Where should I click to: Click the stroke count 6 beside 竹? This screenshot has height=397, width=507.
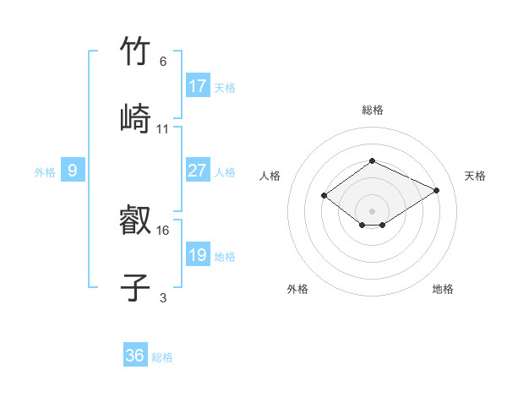pyautogui.click(x=163, y=62)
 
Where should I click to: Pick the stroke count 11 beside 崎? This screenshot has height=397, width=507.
pyautogui.click(x=163, y=129)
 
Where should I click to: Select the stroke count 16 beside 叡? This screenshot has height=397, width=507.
pyautogui.click(x=163, y=230)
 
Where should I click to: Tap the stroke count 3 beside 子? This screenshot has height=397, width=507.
pyautogui.click(x=163, y=297)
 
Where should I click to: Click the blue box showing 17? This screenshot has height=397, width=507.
pyautogui.click(x=197, y=86)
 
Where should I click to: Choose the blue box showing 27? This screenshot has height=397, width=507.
pyautogui.click(x=197, y=171)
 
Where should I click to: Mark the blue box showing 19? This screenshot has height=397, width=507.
pyautogui.click(x=197, y=255)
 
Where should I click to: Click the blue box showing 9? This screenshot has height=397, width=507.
pyautogui.click(x=73, y=171)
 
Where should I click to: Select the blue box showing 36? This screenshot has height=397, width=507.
pyautogui.click(x=135, y=356)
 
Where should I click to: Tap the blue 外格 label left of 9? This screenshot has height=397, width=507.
pyautogui.click(x=45, y=172)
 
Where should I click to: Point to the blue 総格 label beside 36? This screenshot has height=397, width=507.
pyautogui.click(x=162, y=357)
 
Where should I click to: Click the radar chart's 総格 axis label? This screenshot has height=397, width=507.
pyautogui.click(x=372, y=110)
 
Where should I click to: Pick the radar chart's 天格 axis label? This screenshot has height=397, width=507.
pyautogui.click(x=475, y=176)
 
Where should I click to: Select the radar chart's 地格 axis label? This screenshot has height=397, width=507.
pyautogui.click(x=443, y=289)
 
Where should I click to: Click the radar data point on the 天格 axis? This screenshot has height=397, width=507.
pyautogui.click(x=437, y=191)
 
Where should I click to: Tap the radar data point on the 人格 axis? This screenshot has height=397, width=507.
pyautogui.click(x=324, y=196)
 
